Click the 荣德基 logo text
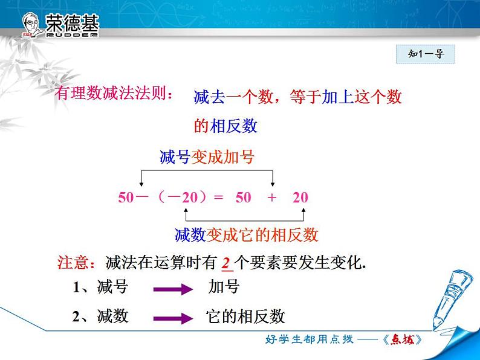pyautogui.click(x=73, y=23)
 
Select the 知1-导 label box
pyautogui.click(x=425, y=54)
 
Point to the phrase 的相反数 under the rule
pyautogui.click(x=225, y=126)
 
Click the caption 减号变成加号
pyautogui.click(x=207, y=157)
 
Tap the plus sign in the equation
pyautogui.click(x=271, y=198)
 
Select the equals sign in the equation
pyautogui.click(x=218, y=198)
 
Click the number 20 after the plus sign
pyautogui.click(x=300, y=198)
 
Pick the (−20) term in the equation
pyautogui.click(x=182, y=198)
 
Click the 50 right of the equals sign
pyautogui.click(x=244, y=198)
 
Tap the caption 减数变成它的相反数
pyautogui.click(x=247, y=235)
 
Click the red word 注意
pyautogui.click(x=73, y=262)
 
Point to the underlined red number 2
pyautogui.click(x=227, y=263)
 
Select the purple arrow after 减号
pyautogui.click(x=173, y=289)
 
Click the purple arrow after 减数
pyautogui.click(x=173, y=318)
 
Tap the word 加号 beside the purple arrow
pyautogui.click(x=224, y=287)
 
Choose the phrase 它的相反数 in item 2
pyautogui.click(x=245, y=317)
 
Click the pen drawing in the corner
pyautogui.click(x=449, y=299)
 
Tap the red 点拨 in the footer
pyautogui.click(x=403, y=339)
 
